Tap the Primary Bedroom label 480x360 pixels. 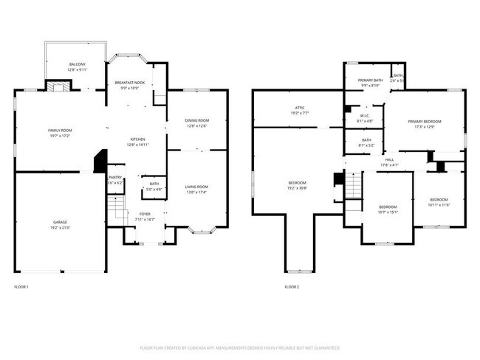425,124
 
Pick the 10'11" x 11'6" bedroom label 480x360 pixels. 439,201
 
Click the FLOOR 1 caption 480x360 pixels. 21,286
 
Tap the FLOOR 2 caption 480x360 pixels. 292,286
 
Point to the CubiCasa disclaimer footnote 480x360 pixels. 240,347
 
